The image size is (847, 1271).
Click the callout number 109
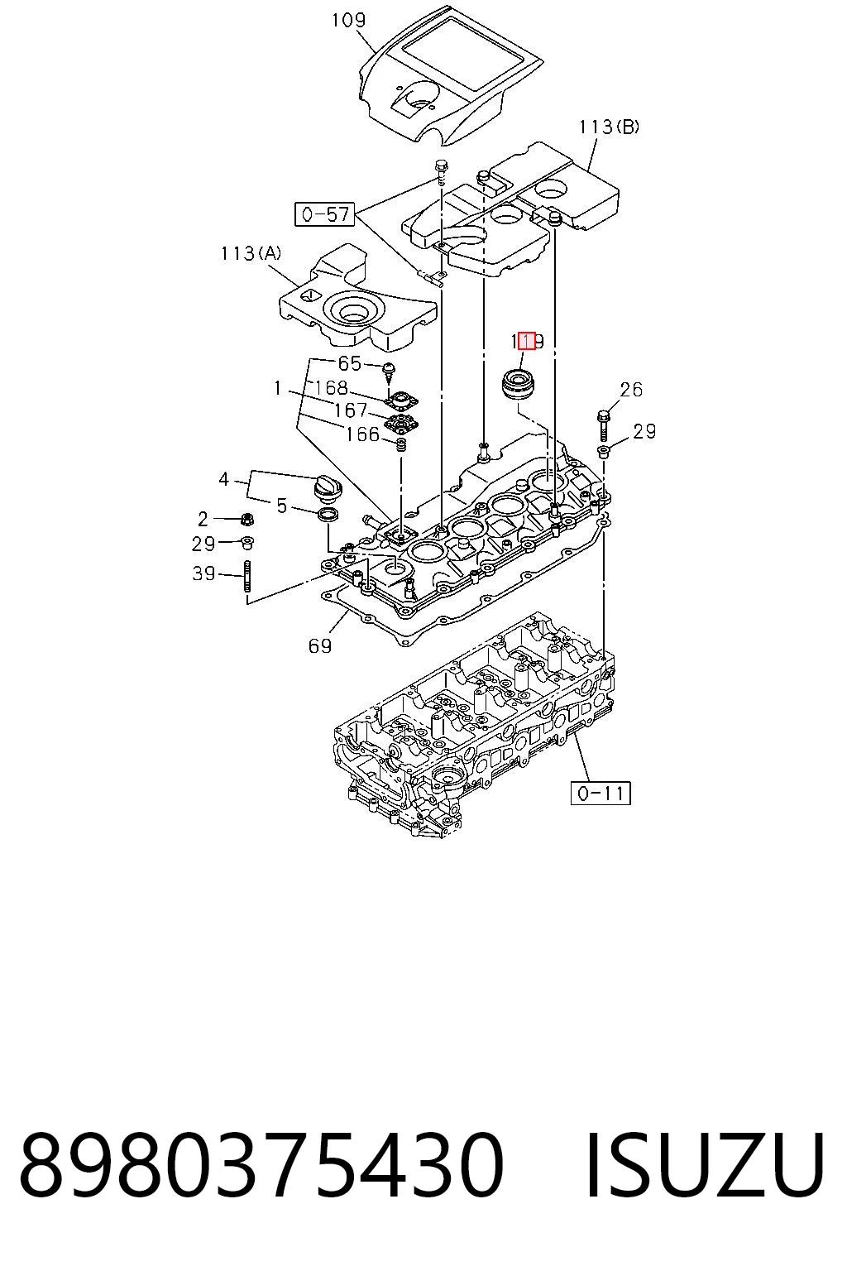348,21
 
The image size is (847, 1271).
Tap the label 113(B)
609,127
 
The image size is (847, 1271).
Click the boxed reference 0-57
324,214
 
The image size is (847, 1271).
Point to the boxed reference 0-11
601,793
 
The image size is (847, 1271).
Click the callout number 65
349,363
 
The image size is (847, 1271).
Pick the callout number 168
332,387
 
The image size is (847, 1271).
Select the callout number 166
362,434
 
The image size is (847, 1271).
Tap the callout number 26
631,389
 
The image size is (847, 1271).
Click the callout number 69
320,645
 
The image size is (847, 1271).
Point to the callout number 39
203,573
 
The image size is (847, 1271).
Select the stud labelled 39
248,577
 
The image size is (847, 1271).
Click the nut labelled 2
246,519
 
